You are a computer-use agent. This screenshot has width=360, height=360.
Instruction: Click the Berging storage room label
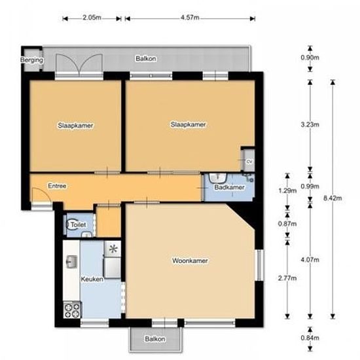32,60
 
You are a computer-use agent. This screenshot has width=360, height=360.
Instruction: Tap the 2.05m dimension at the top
92,18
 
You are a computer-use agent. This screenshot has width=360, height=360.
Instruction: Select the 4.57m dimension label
189,18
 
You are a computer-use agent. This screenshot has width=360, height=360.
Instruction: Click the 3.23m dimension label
314,122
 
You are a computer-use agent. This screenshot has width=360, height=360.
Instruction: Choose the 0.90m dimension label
314,57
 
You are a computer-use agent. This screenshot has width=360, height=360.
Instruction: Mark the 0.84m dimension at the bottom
314,338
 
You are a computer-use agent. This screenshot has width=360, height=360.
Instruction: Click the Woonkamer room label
190,261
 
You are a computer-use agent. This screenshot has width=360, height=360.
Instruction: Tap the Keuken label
92,279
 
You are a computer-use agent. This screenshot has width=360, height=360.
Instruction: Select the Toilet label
79,225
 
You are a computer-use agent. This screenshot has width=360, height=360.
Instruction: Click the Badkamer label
230,187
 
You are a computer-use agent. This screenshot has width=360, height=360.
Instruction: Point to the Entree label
57,187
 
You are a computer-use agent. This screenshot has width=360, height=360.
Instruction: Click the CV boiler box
248,161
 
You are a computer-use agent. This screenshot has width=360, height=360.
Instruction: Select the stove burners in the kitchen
71,309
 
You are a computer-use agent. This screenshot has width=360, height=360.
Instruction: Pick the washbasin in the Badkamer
218,177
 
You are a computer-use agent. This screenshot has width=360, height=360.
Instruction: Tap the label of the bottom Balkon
154,339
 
